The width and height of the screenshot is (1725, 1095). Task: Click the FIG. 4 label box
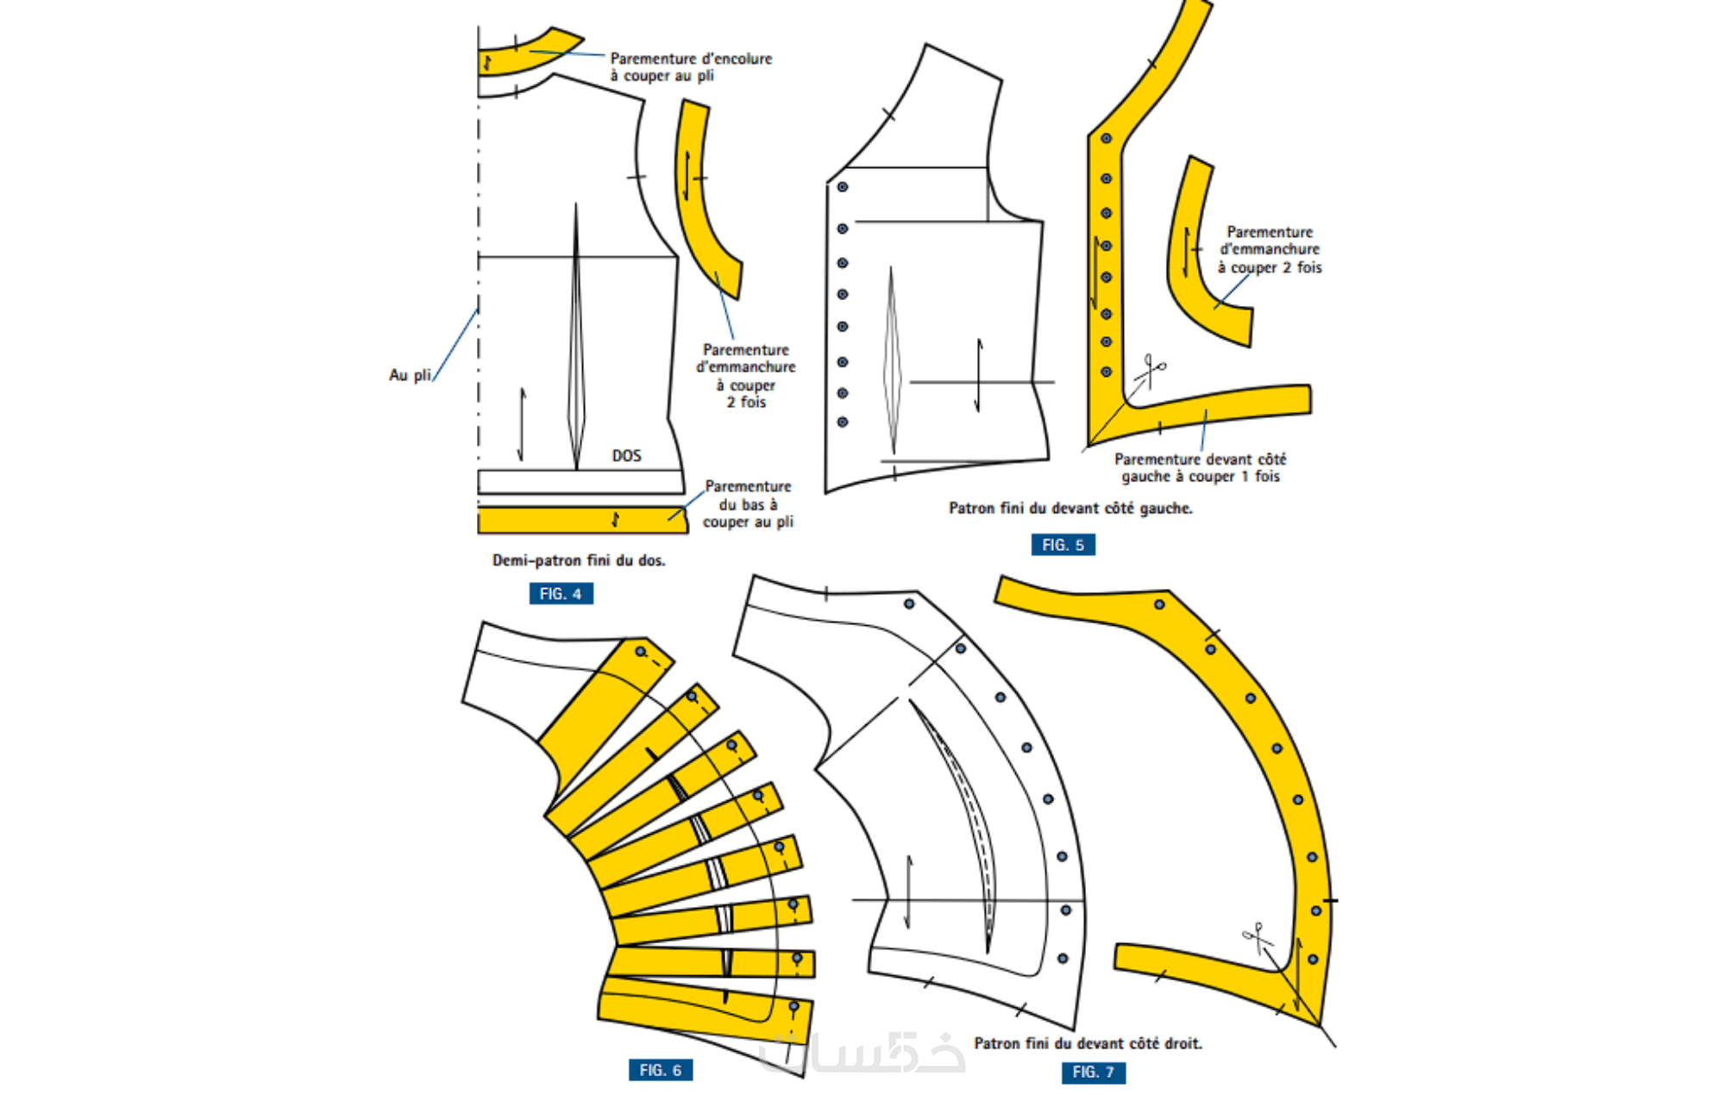coord(561,594)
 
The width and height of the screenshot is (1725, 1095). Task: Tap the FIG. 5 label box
coord(1063,545)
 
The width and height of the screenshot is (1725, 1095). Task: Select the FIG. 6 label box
coord(660,1070)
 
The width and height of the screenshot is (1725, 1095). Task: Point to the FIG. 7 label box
coord(1093,1072)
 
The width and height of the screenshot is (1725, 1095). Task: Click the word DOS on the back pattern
coord(627,455)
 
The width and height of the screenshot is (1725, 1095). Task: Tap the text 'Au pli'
coord(410,375)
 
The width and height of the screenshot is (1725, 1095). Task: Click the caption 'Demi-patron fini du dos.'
coord(579,560)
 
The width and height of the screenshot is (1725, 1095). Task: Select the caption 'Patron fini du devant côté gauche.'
coord(1070,509)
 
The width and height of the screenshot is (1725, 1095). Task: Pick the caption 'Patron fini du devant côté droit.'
coord(1088,1043)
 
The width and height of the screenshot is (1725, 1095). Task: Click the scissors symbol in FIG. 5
coord(1151,371)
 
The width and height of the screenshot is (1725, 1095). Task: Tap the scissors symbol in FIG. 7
coord(1258,937)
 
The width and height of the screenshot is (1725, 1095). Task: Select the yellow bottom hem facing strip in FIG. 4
coord(582,520)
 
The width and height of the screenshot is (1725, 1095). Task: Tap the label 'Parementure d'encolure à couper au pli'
coord(691,67)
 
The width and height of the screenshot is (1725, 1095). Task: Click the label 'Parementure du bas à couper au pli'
coord(748,504)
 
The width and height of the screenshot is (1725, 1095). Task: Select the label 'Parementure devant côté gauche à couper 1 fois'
coord(1200,468)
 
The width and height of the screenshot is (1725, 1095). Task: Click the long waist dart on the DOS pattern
coord(576,345)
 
